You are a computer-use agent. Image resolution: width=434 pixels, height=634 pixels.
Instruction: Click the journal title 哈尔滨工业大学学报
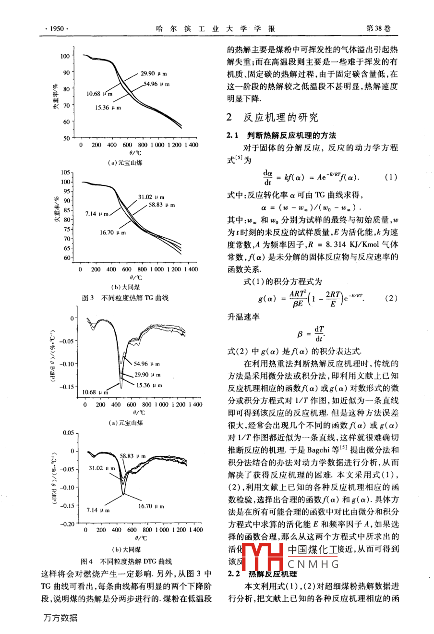(216, 29)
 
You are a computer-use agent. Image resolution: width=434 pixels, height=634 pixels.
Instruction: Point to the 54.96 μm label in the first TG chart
(157, 84)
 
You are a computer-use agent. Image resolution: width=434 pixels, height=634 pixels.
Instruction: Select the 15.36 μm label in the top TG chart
(108, 108)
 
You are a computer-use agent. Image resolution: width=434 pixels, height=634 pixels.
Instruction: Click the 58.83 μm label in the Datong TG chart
(162, 205)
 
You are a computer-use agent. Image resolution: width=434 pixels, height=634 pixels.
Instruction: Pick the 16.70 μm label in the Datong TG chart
(113, 232)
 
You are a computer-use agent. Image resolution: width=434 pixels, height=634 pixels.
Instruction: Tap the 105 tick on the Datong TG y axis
(66, 172)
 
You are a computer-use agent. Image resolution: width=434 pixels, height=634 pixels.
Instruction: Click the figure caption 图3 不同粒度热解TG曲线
(125, 298)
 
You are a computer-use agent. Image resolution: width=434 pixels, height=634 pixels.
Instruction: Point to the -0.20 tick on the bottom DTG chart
(67, 524)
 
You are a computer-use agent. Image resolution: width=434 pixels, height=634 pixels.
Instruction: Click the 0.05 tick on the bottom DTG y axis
(68, 433)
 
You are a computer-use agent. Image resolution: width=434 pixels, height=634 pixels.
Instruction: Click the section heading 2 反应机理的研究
(272, 118)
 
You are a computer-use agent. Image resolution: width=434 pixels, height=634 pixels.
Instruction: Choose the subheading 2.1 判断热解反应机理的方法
(282, 135)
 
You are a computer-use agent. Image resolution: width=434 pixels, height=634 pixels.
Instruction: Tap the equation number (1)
(391, 177)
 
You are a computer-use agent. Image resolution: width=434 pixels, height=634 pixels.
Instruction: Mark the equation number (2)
(391, 298)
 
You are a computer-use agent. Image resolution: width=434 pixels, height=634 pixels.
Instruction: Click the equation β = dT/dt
(311, 334)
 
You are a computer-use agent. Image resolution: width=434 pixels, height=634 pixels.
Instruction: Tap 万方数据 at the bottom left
(60, 618)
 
